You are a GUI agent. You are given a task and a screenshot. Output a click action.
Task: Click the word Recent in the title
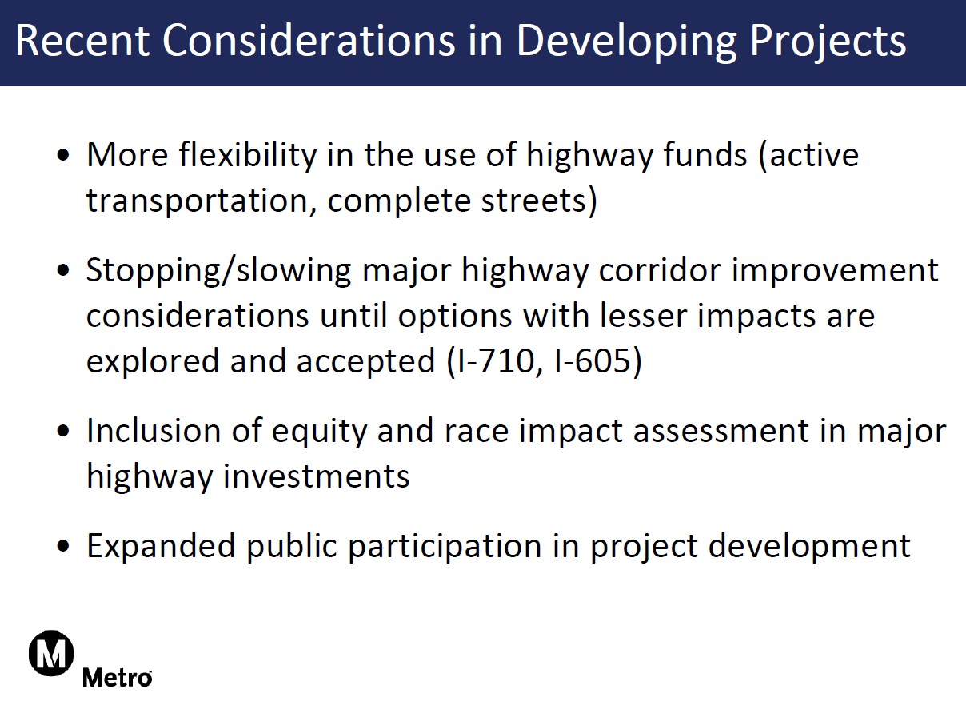(82, 41)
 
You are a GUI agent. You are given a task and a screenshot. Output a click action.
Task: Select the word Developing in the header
(626, 43)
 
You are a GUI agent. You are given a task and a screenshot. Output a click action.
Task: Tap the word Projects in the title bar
(828, 43)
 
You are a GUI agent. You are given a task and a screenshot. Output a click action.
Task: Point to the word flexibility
(248, 157)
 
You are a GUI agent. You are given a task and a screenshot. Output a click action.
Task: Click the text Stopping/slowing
(218, 271)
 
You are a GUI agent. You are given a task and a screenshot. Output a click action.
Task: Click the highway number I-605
(593, 361)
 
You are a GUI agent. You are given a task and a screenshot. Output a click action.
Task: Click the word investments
(316, 476)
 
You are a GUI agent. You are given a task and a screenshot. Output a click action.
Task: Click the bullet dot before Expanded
(63, 546)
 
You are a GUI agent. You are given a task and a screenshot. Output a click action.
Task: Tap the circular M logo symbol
(51, 653)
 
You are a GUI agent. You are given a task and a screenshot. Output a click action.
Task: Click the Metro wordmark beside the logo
(118, 677)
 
